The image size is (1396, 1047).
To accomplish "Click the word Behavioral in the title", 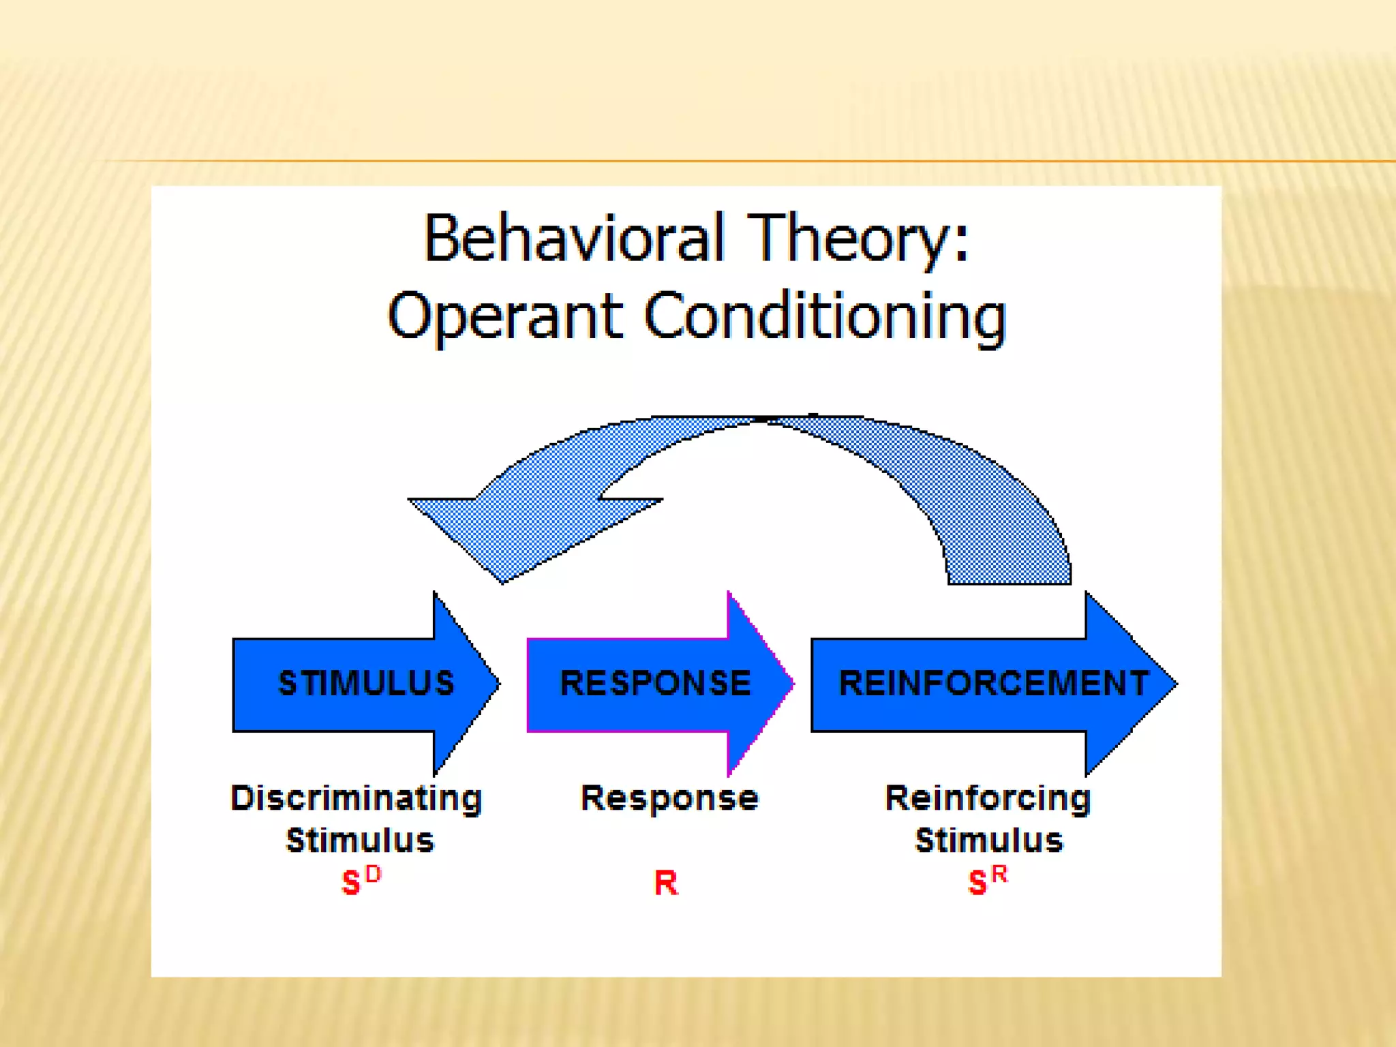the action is (x=573, y=238).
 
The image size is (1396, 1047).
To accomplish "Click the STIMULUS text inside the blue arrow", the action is (x=366, y=683).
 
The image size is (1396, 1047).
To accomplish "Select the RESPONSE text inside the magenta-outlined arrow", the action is (x=655, y=683).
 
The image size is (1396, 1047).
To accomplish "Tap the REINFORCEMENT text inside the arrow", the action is (x=993, y=683).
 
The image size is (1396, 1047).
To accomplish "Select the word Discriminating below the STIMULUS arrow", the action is (x=356, y=798).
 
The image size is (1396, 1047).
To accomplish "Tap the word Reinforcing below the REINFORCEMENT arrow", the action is (x=988, y=798).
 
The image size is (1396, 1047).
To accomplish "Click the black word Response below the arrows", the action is (x=669, y=798).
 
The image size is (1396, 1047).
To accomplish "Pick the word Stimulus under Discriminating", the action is (x=360, y=840).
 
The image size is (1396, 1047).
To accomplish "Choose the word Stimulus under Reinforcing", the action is (x=989, y=840).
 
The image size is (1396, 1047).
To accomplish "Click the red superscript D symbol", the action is (x=373, y=874).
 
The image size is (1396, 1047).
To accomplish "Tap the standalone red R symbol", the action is (x=666, y=883).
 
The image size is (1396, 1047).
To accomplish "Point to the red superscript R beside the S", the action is (x=999, y=874).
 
